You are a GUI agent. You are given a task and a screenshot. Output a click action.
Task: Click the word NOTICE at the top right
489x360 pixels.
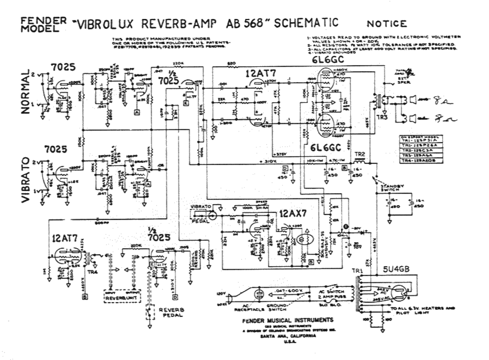[x=387, y=24]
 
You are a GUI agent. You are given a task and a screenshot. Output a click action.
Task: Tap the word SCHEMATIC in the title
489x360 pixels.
[x=306, y=22]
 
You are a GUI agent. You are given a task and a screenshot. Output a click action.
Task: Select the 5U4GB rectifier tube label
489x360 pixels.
[x=396, y=269]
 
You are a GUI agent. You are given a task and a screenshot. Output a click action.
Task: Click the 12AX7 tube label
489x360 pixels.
[x=293, y=213]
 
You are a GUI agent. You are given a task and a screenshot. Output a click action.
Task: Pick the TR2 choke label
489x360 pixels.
[x=359, y=155]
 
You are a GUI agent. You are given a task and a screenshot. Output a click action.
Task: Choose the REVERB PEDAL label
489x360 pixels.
[x=171, y=312]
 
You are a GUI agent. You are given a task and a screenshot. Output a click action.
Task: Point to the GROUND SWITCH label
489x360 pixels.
[x=277, y=307]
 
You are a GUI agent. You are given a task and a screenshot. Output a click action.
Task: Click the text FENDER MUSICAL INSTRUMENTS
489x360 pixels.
[x=288, y=320]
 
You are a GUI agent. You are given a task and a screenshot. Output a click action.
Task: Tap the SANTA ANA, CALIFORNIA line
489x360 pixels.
[x=288, y=336]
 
